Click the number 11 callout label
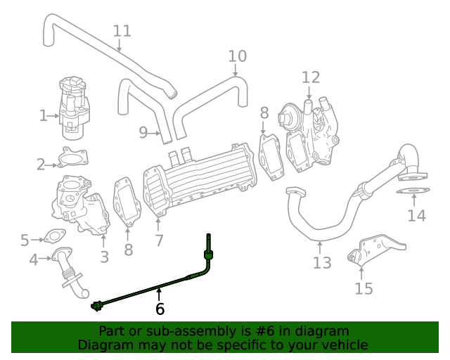[122, 32]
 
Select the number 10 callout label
[238, 56]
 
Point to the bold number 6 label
[160, 309]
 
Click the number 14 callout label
[416, 216]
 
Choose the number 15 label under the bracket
[364, 288]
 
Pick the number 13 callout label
[321, 264]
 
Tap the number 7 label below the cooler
[160, 240]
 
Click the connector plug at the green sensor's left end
[97, 305]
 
